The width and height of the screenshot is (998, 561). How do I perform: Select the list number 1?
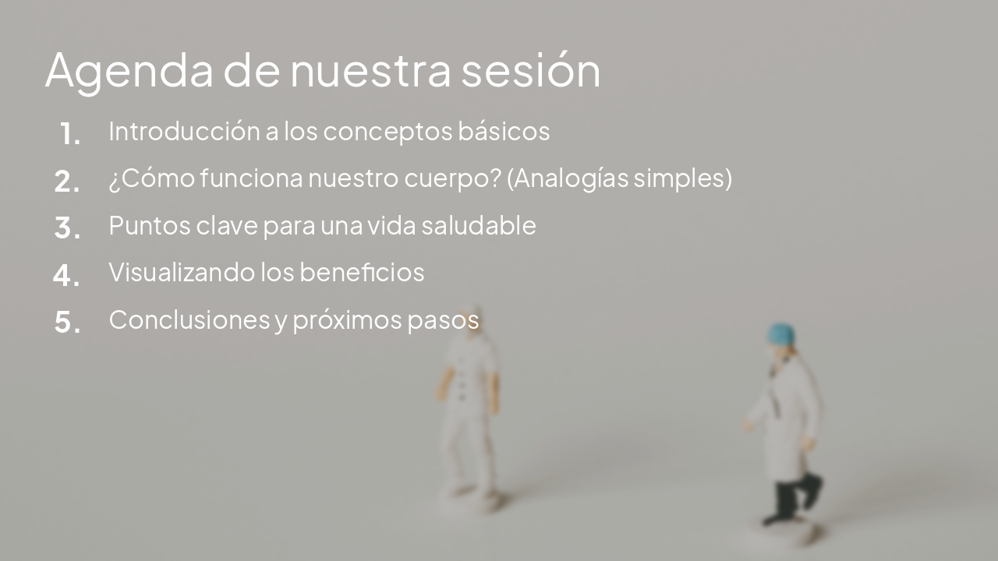point(69,134)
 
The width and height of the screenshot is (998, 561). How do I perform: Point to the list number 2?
point(67,182)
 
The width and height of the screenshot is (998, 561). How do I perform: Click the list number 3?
point(67,228)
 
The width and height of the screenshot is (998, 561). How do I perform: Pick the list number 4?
point(67,275)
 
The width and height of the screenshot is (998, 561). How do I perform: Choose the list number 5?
point(67,322)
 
